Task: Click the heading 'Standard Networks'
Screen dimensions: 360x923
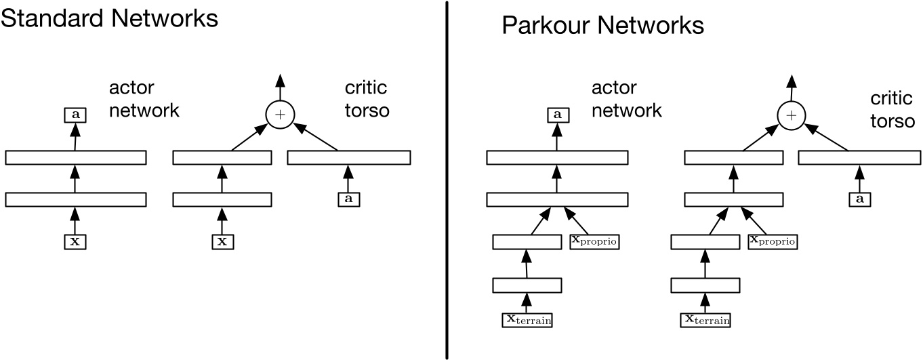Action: click(109, 18)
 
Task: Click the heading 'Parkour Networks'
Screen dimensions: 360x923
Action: click(602, 26)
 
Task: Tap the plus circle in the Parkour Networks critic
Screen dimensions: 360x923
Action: click(790, 116)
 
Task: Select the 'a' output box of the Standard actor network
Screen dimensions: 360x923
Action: click(75, 116)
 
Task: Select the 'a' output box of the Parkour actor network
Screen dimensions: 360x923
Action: click(558, 116)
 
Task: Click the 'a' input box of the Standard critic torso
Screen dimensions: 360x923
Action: click(348, 199)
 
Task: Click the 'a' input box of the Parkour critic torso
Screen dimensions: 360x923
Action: click(859, 199)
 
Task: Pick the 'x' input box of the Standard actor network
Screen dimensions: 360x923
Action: click(75, 241)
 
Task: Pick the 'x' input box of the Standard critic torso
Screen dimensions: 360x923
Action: click(221, 241)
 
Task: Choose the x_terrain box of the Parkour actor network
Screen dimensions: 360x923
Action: click(527, 319)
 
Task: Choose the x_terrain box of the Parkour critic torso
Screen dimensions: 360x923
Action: click(705, 319)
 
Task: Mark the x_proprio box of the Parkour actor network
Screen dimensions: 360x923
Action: click(595, 241)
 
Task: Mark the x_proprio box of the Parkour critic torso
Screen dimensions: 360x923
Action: click(773, 241)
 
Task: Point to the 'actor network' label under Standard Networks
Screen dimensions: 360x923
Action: click(144, 99)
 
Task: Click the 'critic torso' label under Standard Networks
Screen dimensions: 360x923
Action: click(366, 99)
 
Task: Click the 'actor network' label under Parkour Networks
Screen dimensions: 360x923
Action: click(626, 99)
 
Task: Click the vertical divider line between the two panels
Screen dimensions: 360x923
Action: click(447, 180)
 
